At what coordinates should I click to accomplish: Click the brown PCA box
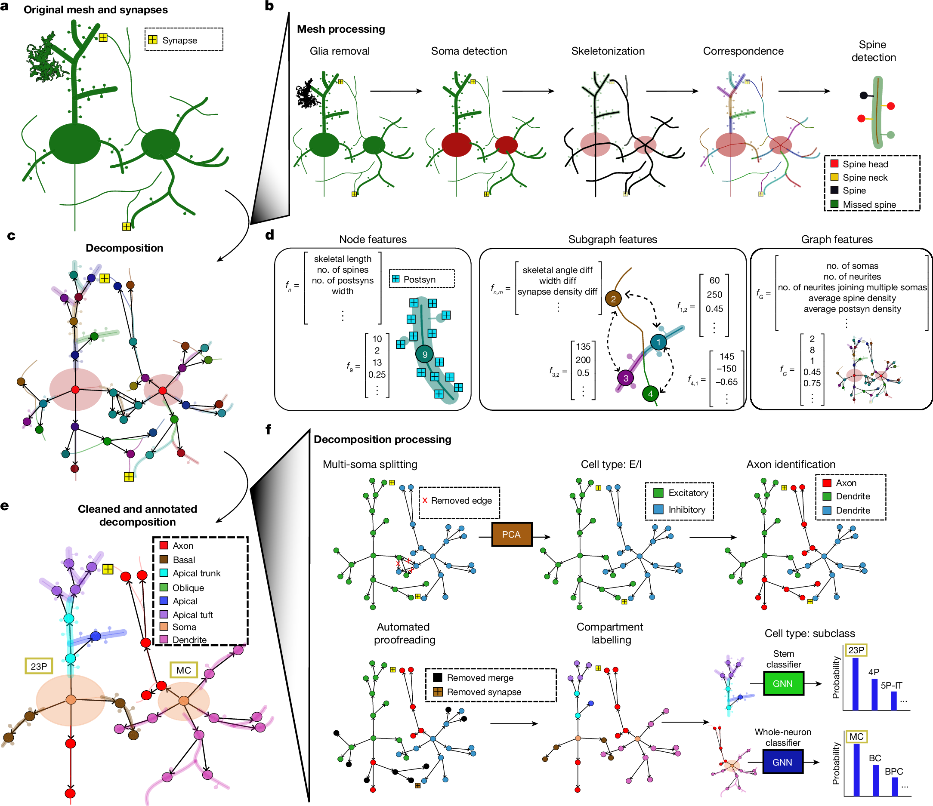[x=512, y=534]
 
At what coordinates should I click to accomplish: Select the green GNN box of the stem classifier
[x=783, y=683]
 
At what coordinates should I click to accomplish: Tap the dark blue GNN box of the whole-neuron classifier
[x=782, y=762]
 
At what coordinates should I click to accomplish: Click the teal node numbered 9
[x=424, y=355]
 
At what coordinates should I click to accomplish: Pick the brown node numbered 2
[x=613, y=298]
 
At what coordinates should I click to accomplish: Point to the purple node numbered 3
[x=625, y=378]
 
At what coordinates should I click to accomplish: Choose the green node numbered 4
[x=650, y=394]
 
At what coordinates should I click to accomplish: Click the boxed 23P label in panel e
[x=39, y=666]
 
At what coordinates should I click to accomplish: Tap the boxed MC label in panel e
[x=184, y=670]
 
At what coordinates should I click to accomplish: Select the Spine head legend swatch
[x=834, y=164]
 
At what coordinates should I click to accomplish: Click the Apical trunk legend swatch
[x=164, y=573]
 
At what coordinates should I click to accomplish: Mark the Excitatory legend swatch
[x=658, y=493]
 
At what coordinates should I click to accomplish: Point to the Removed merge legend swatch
[x=437, y=677]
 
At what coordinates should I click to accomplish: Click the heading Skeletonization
[x=608, y=51]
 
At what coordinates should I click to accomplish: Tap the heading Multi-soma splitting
[x=370, y=464]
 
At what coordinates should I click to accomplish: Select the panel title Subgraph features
[x=612, y=239]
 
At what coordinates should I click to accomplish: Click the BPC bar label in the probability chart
[x=893, y=771]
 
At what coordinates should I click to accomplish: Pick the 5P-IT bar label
[x=891, y=685]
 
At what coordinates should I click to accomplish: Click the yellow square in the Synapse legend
[x=153, y=40]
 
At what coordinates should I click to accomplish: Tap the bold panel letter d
[x=270, y=234]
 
